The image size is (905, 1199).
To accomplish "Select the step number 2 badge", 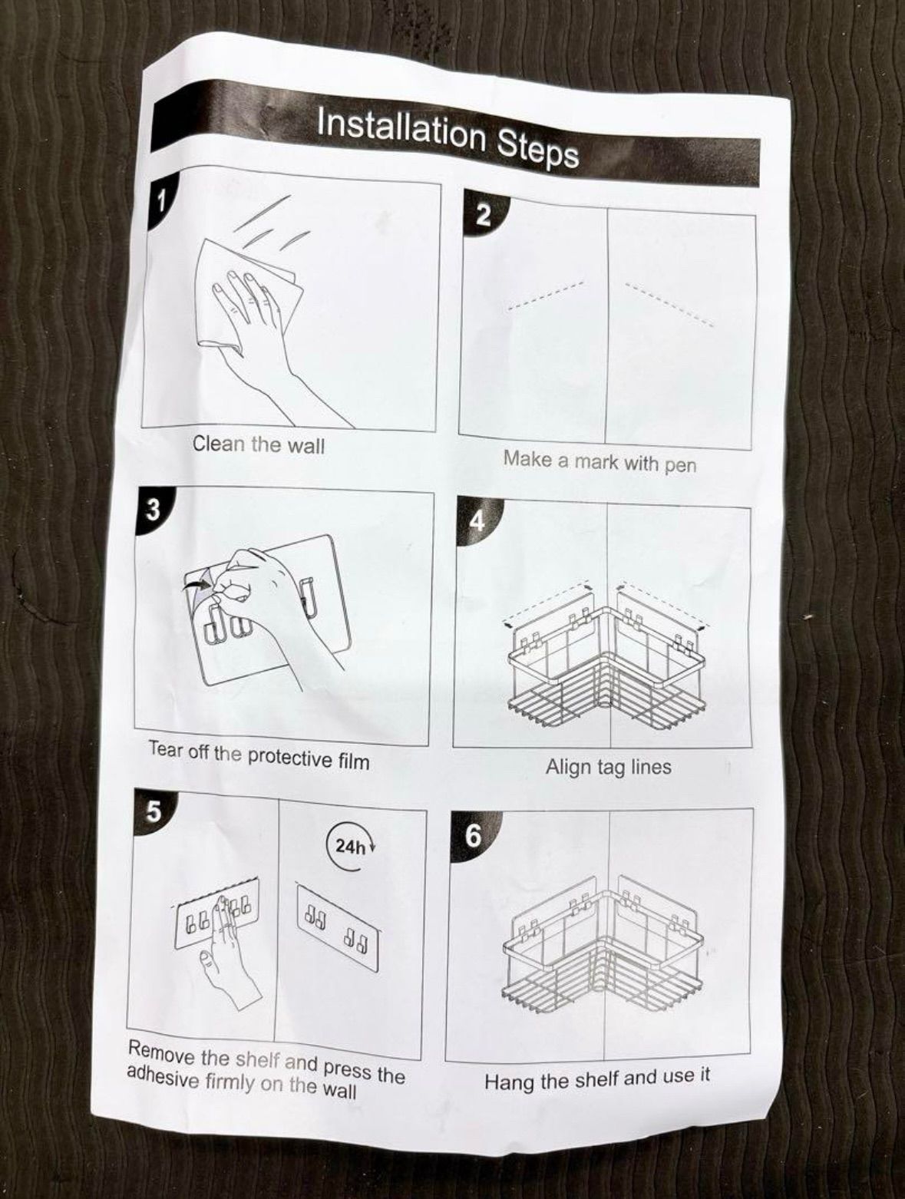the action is point(484,215).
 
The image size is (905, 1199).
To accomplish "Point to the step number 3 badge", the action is point(154,510).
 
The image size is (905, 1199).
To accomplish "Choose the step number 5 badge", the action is point(154,812).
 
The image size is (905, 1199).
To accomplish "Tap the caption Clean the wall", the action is point(259,444).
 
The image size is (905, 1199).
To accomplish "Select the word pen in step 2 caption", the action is point(681,465).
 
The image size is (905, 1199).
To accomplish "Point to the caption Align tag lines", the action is point(609,767).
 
